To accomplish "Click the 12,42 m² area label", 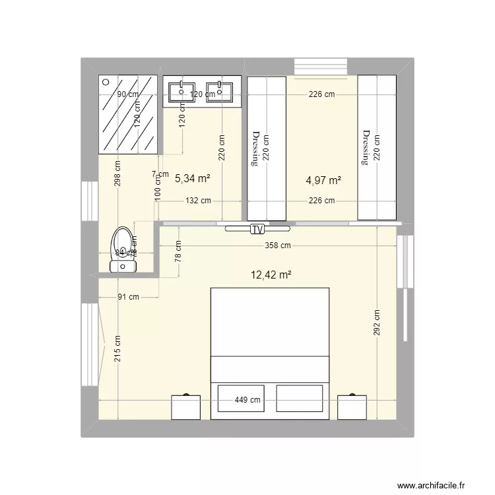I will [x=271, y=275].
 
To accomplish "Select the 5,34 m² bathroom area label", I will [x=192, y=178].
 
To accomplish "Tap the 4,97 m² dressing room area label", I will [x=323, y=180].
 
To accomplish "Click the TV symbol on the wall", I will [x=257, y=229].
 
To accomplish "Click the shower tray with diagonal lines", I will [x=128, y=114].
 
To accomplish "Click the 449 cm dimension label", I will [x=248, y=400].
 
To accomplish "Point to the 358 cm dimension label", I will [x=277, y=246].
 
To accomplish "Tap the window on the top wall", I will [x=320, y=67].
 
